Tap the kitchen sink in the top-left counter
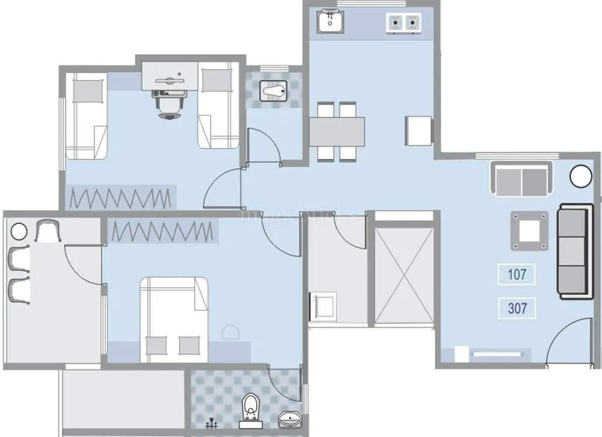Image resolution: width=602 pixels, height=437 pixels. pos(330,23)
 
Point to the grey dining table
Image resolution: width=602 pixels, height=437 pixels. pos(337,131)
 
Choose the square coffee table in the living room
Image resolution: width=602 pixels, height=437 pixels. pos(530,230)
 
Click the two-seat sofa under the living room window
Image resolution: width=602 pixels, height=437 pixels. pos(522,179)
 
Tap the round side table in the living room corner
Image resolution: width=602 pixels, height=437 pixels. pos(581,176)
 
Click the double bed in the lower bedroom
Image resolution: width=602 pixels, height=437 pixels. pos(174,319)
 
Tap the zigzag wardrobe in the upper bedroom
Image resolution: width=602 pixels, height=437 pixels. pos(120,197)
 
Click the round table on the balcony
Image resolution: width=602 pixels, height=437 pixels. pos(19,231)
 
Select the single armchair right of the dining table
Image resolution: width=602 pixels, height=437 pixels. pos(419,130)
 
